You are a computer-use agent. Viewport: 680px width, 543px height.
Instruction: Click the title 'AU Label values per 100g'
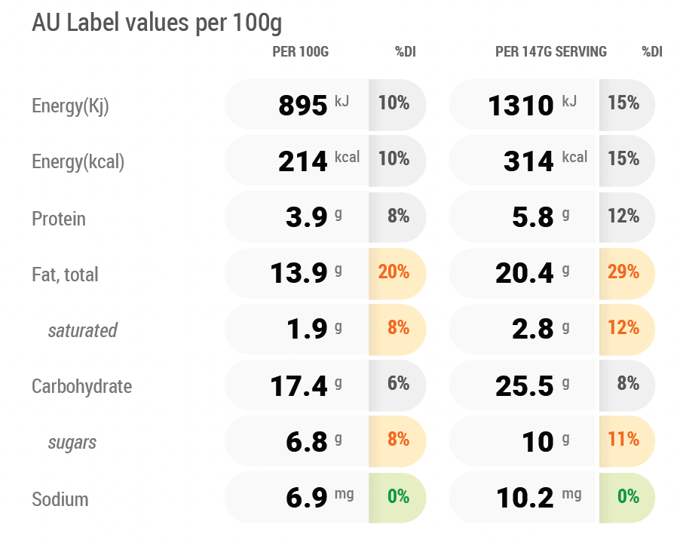[157, 23]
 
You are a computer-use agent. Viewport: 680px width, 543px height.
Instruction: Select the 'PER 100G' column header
[301, 51]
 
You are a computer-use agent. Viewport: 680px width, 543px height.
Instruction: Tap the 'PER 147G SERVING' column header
[551, 51]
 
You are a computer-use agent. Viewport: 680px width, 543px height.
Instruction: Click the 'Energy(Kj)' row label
[70, 106]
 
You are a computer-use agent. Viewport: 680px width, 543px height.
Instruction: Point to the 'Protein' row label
[59, 219]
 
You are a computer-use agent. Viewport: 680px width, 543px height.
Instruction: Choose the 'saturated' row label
[82, 330]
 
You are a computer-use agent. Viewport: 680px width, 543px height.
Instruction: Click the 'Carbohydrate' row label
[82, 386]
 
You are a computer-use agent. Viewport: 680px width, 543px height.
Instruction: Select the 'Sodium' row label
[60, 499]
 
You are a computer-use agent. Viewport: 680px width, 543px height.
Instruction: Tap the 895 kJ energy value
[303, 106]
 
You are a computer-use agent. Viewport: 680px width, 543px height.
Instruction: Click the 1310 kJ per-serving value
[521, 106]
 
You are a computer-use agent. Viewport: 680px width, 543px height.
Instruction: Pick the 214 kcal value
[303, 161]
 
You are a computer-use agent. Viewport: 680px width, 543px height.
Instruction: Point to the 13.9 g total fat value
[299, 273]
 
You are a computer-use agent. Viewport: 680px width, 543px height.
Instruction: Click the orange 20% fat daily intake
[394, 272]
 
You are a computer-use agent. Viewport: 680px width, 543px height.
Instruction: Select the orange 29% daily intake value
[623, 272]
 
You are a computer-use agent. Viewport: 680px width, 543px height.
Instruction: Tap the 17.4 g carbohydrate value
[299, 386]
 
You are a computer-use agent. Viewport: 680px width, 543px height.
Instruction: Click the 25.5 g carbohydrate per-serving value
[525, 386]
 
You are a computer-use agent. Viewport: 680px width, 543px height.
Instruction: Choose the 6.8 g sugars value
[307, 442]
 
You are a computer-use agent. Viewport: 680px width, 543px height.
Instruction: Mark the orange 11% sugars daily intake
[623, 440]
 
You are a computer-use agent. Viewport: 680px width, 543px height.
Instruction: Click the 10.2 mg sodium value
[525, 498]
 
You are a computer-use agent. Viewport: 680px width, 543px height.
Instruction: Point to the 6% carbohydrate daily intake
[398, 383]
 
